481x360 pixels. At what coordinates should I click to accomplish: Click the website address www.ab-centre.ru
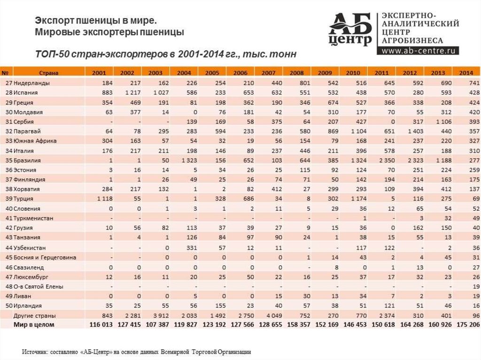point(420,50)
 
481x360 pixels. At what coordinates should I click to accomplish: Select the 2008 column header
point(296,73)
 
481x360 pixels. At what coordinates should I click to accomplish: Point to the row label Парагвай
point(28,131)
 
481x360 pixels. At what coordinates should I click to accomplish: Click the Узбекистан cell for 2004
point(184,247)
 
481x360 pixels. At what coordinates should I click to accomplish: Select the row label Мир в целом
point(34,324)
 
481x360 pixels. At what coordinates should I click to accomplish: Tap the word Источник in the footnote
point(35,351)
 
